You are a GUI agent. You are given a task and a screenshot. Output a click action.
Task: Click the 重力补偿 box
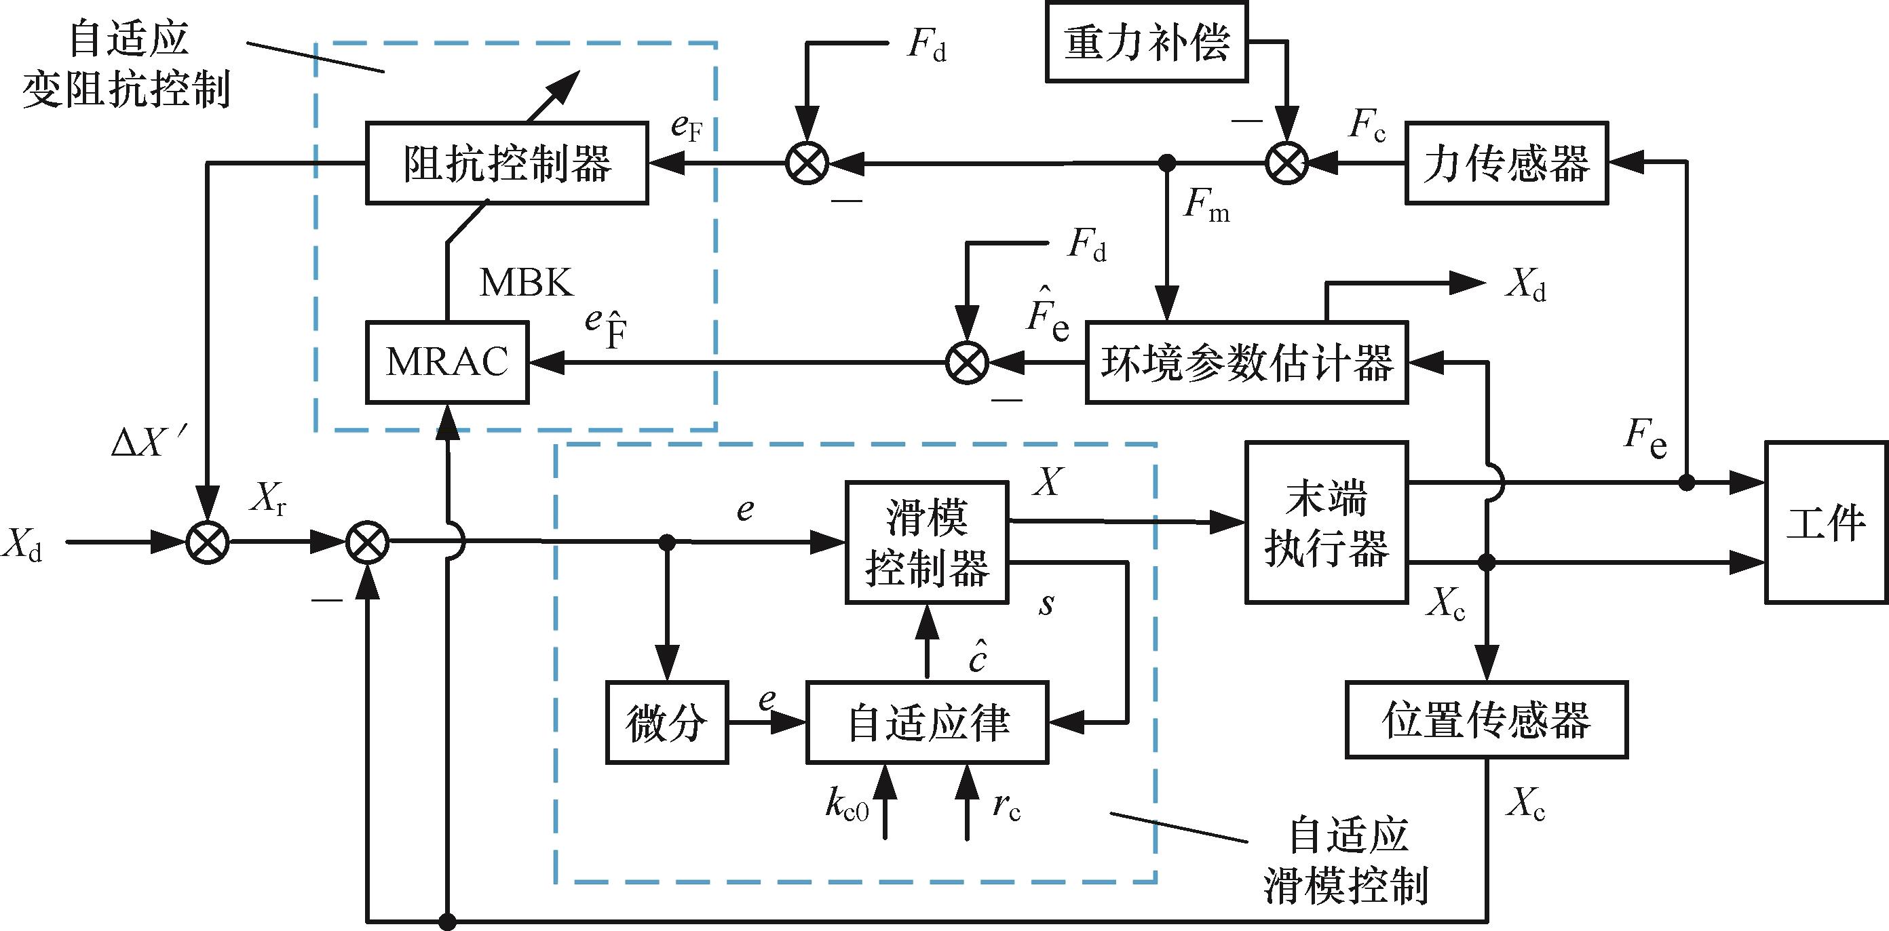point(1146,42)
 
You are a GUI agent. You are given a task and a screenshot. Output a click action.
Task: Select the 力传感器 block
point(1506,163)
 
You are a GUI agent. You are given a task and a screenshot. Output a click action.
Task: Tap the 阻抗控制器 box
point(507,163)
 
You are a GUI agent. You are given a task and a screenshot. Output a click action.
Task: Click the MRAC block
point(447,362)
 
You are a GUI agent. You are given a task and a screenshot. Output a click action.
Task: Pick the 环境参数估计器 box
point(1246,362)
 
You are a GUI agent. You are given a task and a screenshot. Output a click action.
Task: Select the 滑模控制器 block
point(927,542)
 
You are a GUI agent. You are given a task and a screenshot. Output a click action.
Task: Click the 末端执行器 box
point(1326,523)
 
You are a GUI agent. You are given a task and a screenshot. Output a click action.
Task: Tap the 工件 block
point(1825,523)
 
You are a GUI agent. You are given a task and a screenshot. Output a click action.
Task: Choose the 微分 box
point(666,723)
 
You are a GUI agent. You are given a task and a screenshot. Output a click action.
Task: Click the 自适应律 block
point(927,723)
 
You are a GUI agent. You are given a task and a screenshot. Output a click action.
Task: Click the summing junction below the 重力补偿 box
point(1287,163)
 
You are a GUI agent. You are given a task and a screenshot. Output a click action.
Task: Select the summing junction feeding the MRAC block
point(966,362)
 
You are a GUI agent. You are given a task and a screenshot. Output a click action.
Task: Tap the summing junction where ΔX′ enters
point(208,543)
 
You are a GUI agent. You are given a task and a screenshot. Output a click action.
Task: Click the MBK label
point(526,282)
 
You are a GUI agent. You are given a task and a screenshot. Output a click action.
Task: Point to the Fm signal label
point(1206,206)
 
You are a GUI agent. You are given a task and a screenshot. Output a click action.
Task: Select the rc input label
point(1006,806)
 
